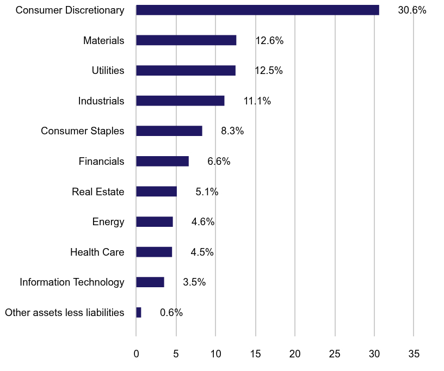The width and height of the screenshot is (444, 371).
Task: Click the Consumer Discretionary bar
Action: (257, 10)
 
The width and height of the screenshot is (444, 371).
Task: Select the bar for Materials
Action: (186, 40)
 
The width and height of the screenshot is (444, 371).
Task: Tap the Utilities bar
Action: (186, 71)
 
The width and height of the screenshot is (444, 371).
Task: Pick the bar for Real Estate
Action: (156, 191)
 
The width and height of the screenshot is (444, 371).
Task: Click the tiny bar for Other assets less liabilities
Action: (139, 312)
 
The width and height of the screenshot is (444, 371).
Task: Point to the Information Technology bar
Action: (150, 282)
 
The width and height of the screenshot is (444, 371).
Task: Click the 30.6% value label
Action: (412, 10)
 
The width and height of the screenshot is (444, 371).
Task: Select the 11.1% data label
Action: (257, 101)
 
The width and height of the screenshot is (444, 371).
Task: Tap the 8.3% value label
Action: (232, 131)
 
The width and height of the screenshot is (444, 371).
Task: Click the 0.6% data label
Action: (171, 313)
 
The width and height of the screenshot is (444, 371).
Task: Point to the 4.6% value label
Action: (203, 222)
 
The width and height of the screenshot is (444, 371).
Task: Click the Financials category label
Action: (101, 162)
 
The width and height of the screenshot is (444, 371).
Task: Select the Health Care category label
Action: (97, 252)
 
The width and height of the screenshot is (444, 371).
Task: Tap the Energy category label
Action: (108, 222)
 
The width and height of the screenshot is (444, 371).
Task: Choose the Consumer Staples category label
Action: (83, 131)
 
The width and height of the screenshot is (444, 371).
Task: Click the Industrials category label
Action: (101, 101)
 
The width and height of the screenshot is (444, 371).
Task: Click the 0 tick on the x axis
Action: (136, 354)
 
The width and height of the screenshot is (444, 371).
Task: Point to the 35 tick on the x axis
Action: (414, 354)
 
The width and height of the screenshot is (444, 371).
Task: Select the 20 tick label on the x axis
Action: (295, 354)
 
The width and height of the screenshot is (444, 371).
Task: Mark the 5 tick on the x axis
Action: (176, 354)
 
